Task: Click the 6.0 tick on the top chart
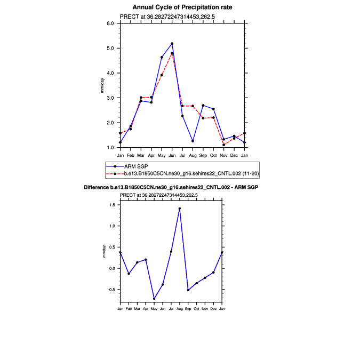point(111,23)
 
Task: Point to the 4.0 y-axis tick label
point(111,73)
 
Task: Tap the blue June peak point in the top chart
point(172,44)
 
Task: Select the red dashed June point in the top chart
point(172,53)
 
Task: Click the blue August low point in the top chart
point(193,141)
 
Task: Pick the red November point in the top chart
point(223,145)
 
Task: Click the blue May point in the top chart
point(162,57)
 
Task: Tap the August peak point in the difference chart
point(180,209)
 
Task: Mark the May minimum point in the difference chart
point(154,299)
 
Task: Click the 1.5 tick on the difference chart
point(113,205)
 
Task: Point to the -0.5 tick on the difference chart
point(111,290)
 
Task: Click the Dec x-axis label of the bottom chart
point(213,309)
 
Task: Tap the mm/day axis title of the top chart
point(102,85)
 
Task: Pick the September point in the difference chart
point(188,290)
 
